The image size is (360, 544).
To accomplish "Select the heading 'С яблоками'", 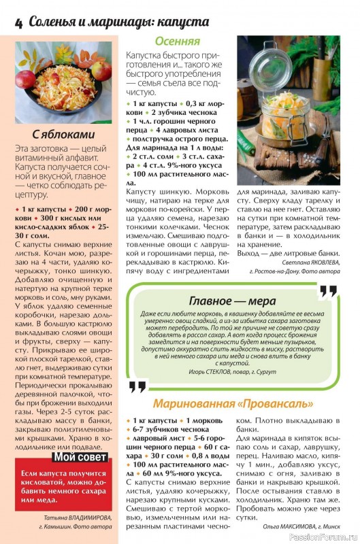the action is [x=63, y=134].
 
